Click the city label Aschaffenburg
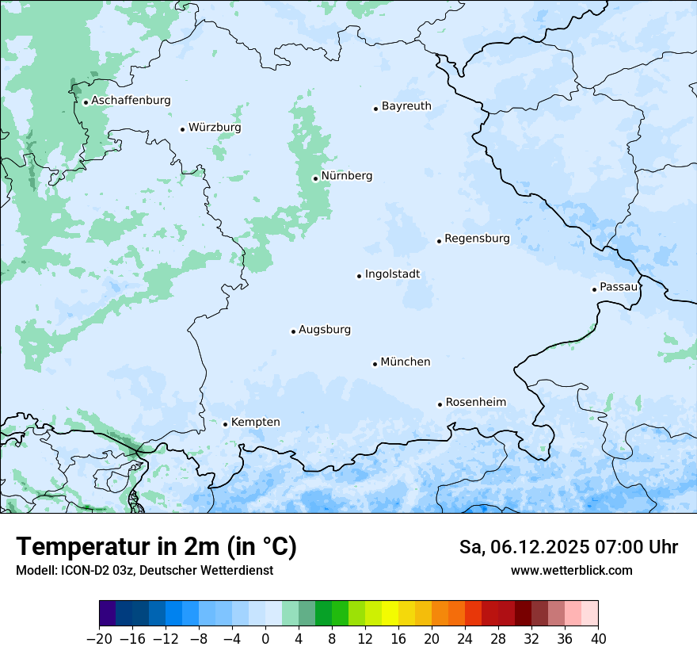(131, 101)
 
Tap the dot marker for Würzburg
(182, 129)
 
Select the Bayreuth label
(406, 106)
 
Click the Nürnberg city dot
(315, 178)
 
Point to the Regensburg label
(477, 239)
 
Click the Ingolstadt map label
(392, 274)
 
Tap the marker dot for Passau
(594, 289)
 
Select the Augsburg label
(325, 330)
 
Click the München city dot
(375, 364)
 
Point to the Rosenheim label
(475, 403)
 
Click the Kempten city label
(255, 423)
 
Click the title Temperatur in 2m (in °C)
(156, 547)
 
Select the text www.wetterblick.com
(571, 571)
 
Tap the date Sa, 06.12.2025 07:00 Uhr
(568, 548)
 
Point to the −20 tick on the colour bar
(100, 639)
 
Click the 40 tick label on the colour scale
(598, 639)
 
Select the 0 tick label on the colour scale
(265, 639)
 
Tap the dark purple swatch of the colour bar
(108, 614)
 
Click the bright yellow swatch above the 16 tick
(390, 614)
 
